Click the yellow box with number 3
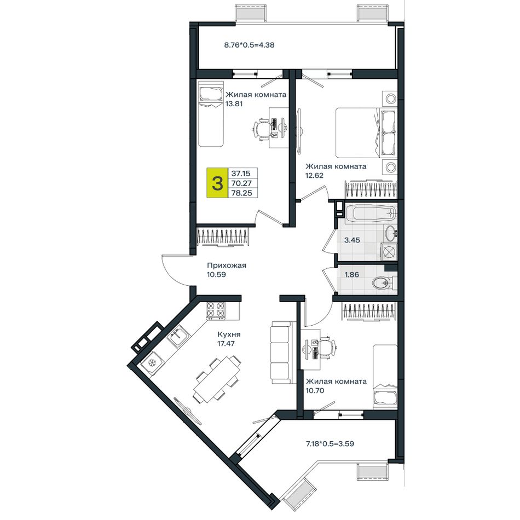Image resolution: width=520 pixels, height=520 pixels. pos(217,183)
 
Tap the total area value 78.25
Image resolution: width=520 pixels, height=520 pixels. pos(242,193)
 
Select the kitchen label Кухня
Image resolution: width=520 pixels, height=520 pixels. pos(229,334)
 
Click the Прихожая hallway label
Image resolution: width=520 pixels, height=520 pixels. pos(227,265)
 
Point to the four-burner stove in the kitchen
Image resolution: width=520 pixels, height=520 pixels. pos(216,310)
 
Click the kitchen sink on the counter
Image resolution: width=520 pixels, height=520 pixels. pos(177,336)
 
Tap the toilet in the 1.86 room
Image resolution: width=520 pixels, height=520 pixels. pos(384,283)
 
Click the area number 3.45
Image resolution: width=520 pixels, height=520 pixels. pos(352,240)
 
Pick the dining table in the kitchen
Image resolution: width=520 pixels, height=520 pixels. pos(217,379)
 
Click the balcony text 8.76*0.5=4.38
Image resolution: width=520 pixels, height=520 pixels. pos(250,45)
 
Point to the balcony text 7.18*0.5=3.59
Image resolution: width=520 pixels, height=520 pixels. pos(329,443)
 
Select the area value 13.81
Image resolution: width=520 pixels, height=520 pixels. pos(234,104)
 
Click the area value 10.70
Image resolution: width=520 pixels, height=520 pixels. pos(315,391)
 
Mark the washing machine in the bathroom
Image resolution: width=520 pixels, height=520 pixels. pos(389,251)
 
